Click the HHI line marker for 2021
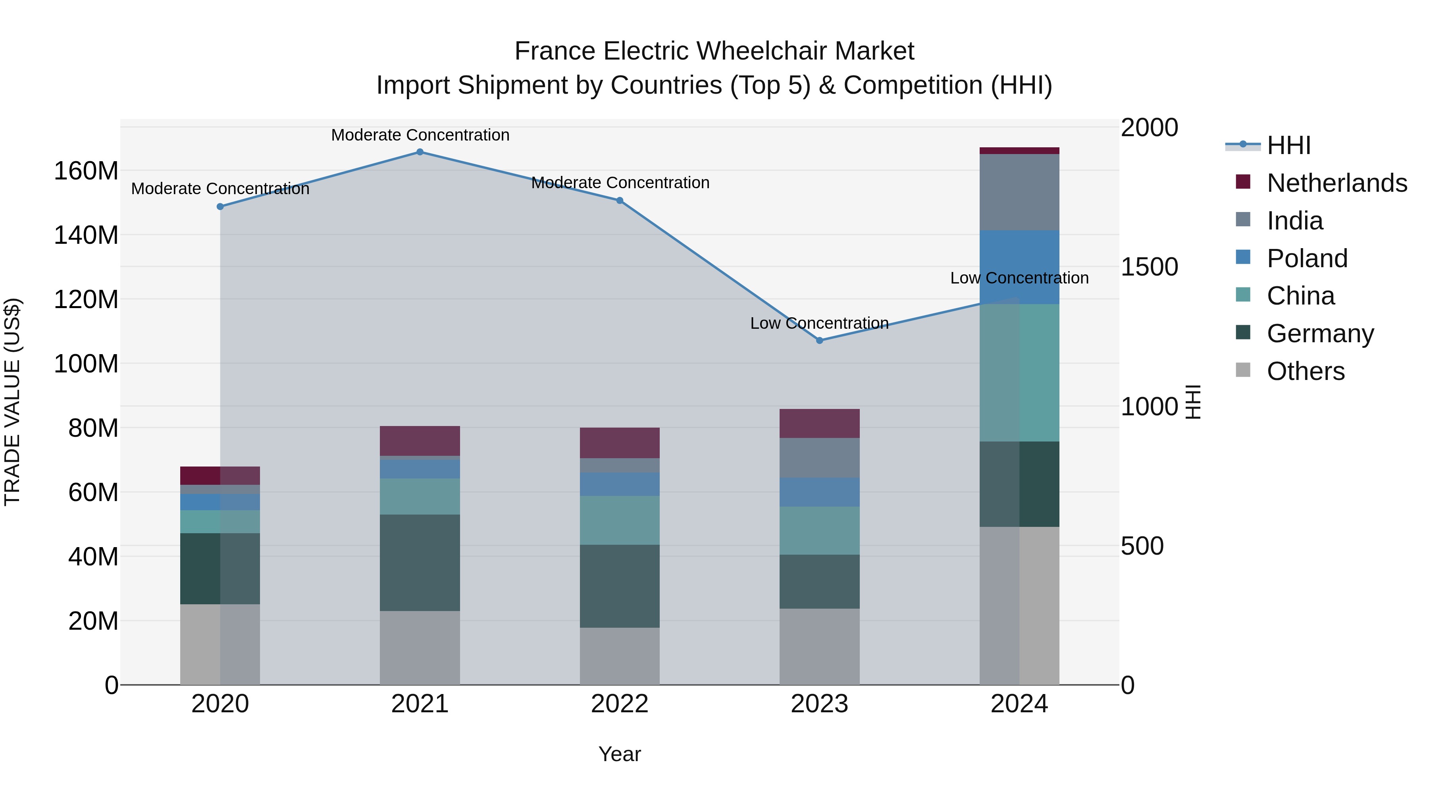click(420, 152)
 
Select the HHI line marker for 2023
click(819, 341)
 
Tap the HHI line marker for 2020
click(220, 206)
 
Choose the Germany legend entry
click(1320, 334)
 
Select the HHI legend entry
click(1288, 145)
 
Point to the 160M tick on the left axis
click(86, 171)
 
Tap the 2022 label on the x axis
click(620, 704)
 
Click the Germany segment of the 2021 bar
click(420, 563)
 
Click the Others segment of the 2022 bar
click(620, 656)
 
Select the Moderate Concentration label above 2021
click(420, 135)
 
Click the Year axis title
click(620, 754)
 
